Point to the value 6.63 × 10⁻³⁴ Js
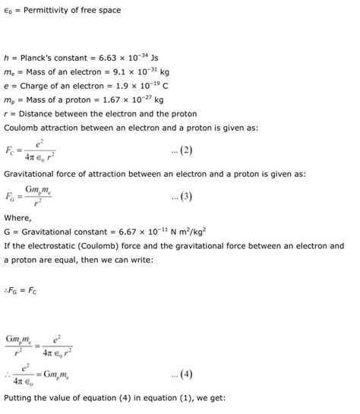coord(137,57)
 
